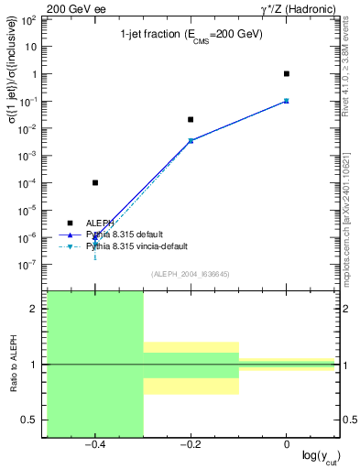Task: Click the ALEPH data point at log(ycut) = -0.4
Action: coord(95,182)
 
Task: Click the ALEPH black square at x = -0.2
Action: coord(191,119)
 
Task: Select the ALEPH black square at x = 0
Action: coord(287,73)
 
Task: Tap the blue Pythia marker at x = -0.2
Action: coord(191,140)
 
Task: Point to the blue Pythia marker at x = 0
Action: coord(287,100)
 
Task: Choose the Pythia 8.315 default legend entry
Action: coord(129,234)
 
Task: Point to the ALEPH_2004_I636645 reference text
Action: coord(190,274)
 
